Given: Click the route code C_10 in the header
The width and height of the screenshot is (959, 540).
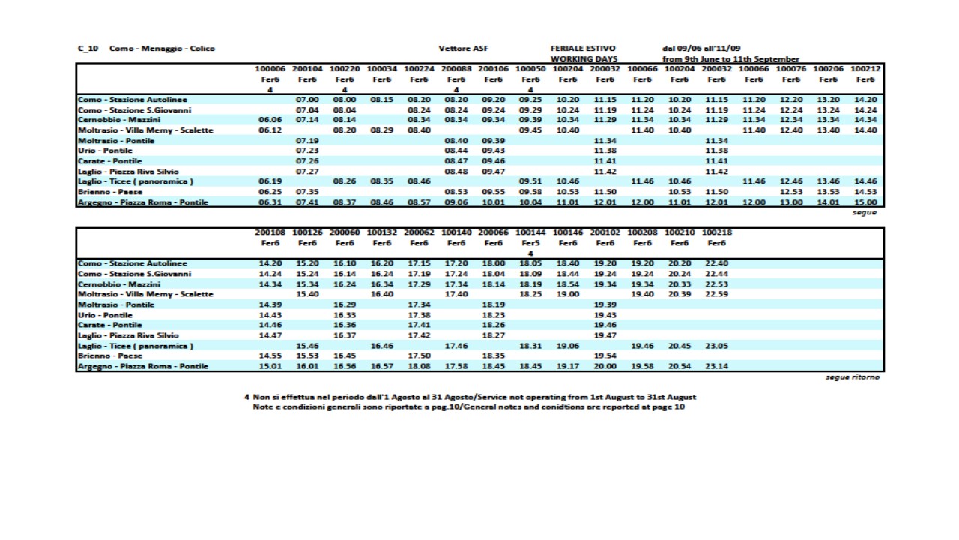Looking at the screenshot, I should (x=88, y=49).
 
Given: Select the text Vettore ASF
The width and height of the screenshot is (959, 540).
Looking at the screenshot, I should (x=463, y=49).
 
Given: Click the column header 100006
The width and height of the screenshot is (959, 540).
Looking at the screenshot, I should (x=270, y=69).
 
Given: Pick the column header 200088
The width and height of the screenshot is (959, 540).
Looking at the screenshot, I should (x=456, y=69).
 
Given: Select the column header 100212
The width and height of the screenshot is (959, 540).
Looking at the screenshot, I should (x=865, y=69).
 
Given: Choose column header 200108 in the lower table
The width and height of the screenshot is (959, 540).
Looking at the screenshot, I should (x=270, y=232).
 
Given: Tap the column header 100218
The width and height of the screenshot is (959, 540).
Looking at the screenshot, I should (x=717, y=232).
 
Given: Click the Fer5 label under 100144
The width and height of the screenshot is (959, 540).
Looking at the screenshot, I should (x=530, y=243).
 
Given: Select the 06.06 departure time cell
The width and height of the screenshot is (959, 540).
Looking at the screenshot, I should (x=270, y=119).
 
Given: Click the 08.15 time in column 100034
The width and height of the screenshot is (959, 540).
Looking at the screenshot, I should (x=381, y=99).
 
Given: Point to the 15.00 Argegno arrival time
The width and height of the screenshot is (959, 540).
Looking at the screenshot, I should (x=865, y=202).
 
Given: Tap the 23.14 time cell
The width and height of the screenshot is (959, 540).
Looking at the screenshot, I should (x=717, y=366).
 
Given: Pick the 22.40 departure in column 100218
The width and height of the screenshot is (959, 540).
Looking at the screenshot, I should (x=717, y=263).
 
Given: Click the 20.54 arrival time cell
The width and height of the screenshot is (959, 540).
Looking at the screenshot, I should (x=680, y=366).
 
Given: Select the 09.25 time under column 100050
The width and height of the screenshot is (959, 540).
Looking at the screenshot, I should (x=530, y=99).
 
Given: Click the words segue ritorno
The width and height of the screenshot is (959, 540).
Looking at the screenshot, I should (x=853, y=376).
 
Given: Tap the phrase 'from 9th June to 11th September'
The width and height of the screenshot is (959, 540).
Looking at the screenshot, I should (x=730, y=58).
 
